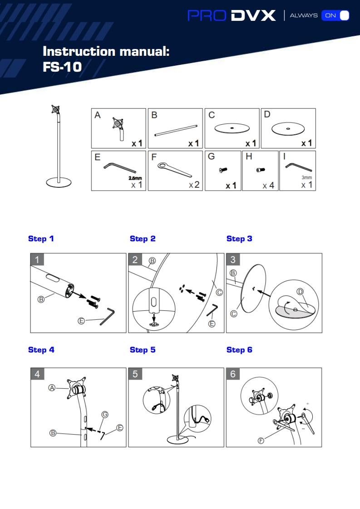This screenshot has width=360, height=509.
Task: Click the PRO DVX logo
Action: click(x=232, y=15)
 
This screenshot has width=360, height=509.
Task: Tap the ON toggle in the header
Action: click(x=335, y=15)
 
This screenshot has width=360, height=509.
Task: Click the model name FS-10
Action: click(x=62, y=67)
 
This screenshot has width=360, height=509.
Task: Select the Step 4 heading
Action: click(x=41, y=350)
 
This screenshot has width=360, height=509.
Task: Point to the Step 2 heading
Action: click(x=143, y=239)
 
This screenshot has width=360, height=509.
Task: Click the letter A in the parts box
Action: click(x=98, y=115)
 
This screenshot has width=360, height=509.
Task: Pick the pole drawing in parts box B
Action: click(x=176, y=130)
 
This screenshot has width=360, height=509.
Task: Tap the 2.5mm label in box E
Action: click(x=135, y=178)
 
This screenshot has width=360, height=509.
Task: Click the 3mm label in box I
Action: click(x=307, y=177)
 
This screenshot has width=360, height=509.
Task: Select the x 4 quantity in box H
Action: click(x=268, y=186)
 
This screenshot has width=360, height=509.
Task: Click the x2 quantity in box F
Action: click(x=194, y=185)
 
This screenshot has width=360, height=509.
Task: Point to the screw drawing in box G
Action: click(x=223, y=170)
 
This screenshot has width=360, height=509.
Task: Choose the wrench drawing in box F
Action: click(x=175, y=170)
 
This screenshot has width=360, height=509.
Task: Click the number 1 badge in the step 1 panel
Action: click(x=37, y=259)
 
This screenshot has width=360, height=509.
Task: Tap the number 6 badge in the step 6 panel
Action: click(x=233, y=374)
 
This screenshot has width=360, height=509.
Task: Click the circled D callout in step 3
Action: click(x=300, y=292)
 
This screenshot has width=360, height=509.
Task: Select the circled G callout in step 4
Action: click(x=104, y=414)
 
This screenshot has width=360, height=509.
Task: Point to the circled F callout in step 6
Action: click(x=261, y=440)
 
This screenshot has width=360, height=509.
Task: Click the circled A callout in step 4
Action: click(x=52, y=387)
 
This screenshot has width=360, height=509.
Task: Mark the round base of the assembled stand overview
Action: click(x=59, y=182)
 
